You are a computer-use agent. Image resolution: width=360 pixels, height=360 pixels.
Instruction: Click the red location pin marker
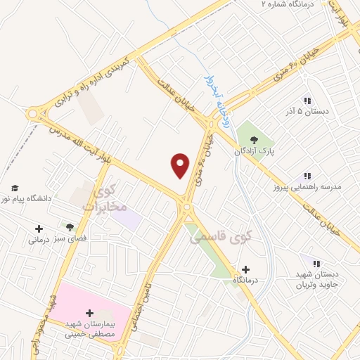[181, 165]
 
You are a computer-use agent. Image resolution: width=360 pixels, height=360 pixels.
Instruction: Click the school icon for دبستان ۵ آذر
[307, 100]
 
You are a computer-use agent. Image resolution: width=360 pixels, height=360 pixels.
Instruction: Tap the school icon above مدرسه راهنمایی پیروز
[307, 175]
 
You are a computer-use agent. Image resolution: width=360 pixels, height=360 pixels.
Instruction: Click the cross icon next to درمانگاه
[245, 269]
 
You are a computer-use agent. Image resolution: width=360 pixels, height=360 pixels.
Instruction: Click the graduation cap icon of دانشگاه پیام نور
[14, 188]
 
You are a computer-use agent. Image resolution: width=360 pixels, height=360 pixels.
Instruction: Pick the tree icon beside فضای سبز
[70, 226]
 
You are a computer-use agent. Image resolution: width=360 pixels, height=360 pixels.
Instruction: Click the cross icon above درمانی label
[39, 229]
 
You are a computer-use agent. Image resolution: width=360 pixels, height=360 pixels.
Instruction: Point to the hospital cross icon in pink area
[89, 314]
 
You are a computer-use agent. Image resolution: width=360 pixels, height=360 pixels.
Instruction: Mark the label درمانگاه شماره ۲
[273, 4]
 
